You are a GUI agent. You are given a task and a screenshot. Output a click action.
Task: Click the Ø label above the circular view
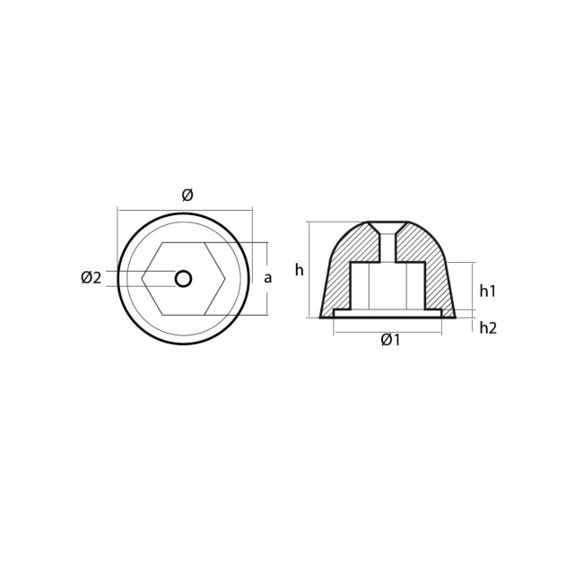187,195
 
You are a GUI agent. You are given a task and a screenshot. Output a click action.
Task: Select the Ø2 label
91,278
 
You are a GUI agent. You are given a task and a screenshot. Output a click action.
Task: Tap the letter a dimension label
268,278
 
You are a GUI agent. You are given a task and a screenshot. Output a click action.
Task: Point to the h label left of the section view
299,269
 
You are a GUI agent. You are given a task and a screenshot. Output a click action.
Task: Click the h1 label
488,291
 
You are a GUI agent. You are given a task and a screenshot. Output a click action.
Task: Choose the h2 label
488,327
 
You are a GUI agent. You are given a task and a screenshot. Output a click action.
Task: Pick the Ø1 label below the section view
390,340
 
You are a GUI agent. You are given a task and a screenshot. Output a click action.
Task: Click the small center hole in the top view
184,279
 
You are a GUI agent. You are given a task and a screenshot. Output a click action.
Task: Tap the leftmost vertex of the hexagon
143,279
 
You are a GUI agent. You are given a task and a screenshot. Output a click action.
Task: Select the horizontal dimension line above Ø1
387,332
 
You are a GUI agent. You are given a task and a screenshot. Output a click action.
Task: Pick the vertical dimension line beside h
309,269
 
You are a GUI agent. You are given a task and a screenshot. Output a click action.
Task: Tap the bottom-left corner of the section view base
321,317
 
